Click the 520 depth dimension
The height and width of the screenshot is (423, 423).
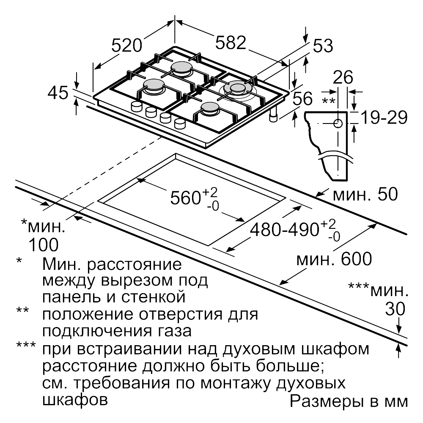click(x=126, y=45)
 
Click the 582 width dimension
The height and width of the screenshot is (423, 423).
click(x=231, y=43)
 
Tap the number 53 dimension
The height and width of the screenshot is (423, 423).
click(x=323, y=46)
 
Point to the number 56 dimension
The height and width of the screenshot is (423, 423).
click(x=302, y=98)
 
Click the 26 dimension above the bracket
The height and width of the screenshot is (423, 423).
click(x=343, y=77)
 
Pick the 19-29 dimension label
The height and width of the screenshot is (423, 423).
click(x=384, y=118)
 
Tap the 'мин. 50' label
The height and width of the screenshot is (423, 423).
click(x=365, y=194)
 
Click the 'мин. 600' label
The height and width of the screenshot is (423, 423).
click(x=334, y=259)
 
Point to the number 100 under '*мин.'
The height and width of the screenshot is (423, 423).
click(x=44, y=244)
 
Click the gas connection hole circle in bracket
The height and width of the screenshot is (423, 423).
click(x=338, y=124)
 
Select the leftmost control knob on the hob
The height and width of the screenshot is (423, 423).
click(x=136, y=106)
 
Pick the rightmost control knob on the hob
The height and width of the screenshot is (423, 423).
click(x=180, y=123)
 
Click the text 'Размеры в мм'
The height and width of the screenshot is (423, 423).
click(x=349, y=401)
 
